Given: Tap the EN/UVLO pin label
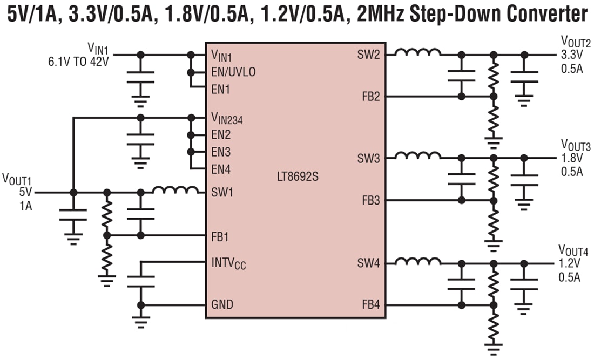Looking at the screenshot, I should tap(234, 72).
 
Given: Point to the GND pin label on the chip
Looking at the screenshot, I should tap(222, 305).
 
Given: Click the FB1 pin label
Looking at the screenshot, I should tap(221, 236).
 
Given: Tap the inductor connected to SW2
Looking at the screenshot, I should tap(417, 52).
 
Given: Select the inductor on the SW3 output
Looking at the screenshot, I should tap(417, 155).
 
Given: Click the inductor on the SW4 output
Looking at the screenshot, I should tap(417, 261).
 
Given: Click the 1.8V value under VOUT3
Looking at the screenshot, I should tap(572, 159).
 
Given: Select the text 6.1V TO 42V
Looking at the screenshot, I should tap(78, 61).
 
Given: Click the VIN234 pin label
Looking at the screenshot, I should tap(227, 119).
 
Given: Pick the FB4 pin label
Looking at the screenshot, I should tap(371, 305).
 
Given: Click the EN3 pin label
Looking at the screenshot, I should tap(221, 152).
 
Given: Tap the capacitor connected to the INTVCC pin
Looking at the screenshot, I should tap(141, 281).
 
